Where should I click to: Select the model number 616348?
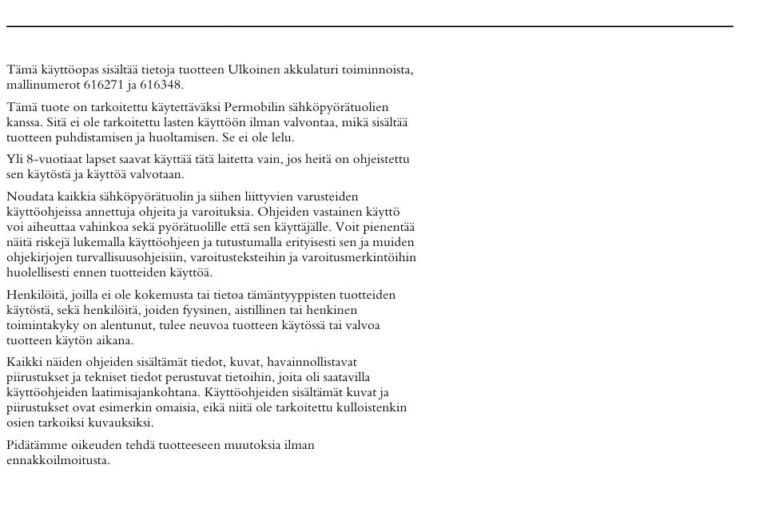click(x=161, y=85)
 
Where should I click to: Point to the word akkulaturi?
click(x=311, y=70)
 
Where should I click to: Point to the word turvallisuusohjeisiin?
click(x=149, y=258)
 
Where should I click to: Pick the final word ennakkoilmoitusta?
click(x=58, y=461)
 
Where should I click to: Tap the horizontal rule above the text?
click(x=369, y=26)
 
